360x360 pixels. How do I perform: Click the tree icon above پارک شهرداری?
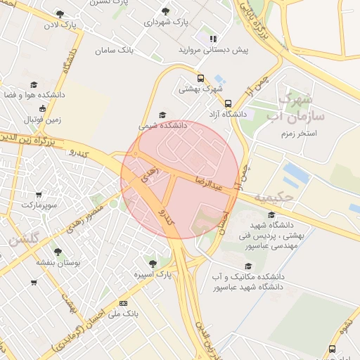165,11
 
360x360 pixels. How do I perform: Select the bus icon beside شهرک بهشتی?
200,79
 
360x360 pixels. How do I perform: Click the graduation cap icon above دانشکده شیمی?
163,115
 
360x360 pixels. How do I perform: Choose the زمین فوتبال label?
43,120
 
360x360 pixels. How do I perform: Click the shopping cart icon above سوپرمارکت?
38,195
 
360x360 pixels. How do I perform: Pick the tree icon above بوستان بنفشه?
58,251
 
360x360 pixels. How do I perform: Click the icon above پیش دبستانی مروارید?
212,39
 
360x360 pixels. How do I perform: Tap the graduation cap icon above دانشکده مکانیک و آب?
247,266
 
